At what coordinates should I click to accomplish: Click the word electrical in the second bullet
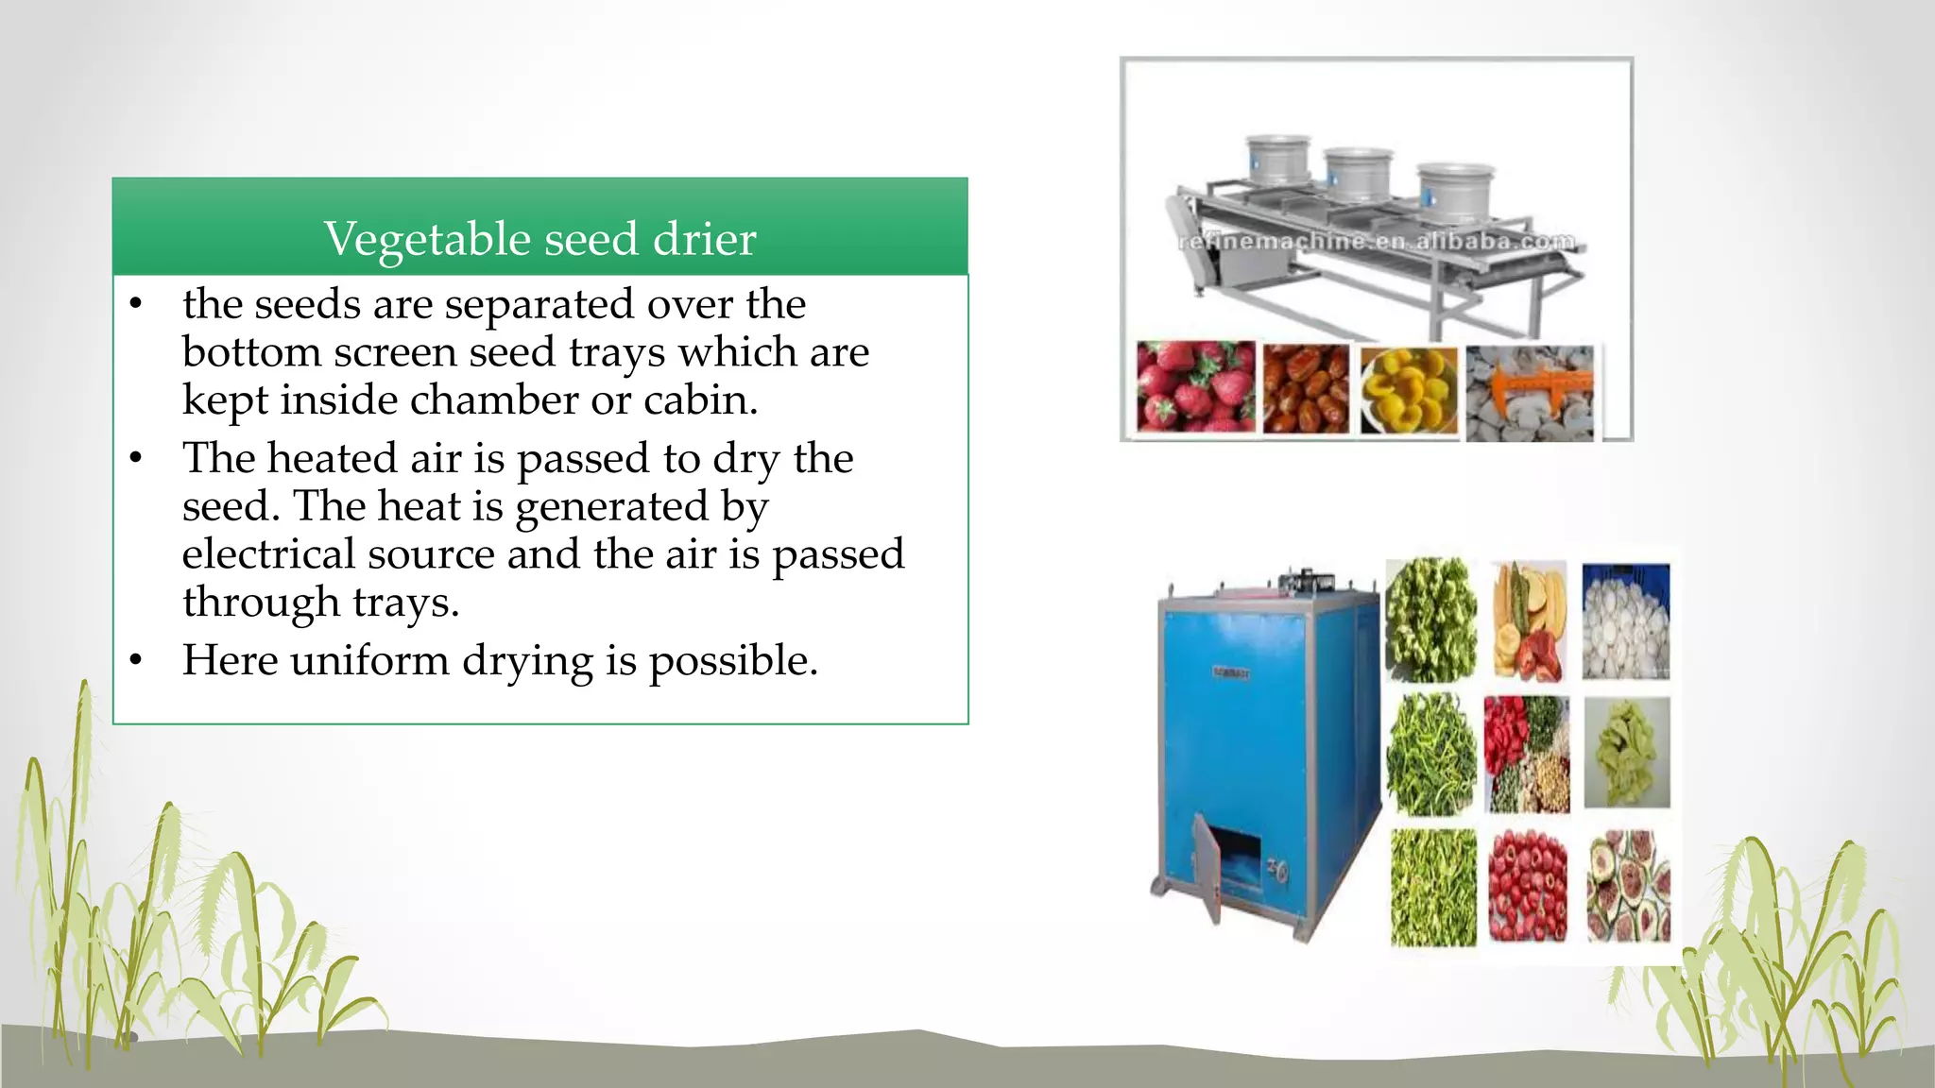click(x=268, y=554)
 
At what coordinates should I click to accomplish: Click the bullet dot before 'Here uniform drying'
click(x=136, y=660)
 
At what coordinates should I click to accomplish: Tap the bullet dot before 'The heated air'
click(x=136, y=458)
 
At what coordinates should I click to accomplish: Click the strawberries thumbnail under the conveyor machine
click(x=1195, y=387)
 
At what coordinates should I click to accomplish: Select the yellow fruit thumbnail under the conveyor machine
click(x=1409, y=390)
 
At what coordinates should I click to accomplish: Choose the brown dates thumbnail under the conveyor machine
click(x=1306, y=389)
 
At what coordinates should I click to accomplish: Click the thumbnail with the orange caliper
click(x=1530, y=391)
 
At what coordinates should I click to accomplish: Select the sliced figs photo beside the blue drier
click(x=1627, y=886)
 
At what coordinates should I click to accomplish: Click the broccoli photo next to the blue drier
click(x=1430, y=620)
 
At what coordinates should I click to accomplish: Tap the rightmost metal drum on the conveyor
click(x=1454, y=192)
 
